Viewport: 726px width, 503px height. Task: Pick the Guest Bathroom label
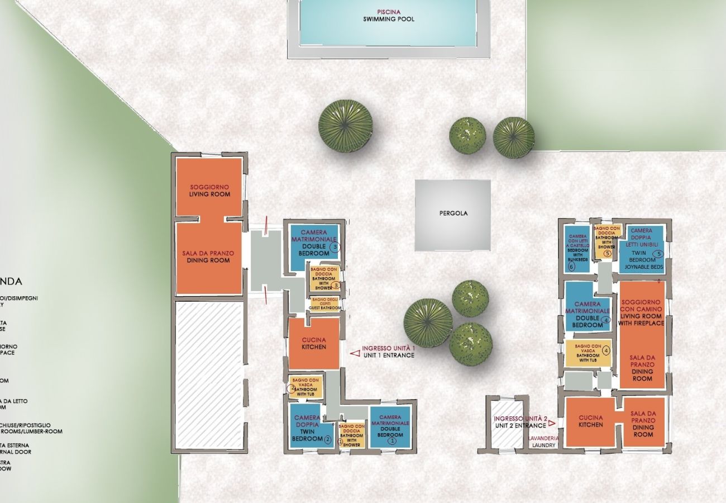coord(326,304)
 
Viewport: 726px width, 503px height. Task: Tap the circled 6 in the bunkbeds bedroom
coord(571,267)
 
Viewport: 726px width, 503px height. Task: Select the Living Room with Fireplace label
coord(641,313)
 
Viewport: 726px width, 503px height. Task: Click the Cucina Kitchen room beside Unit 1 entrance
coord(313,344)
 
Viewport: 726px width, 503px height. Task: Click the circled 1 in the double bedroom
coord(391,440)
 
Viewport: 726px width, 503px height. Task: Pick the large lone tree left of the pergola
coord(345,126)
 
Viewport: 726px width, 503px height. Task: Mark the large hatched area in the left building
coord(209,374)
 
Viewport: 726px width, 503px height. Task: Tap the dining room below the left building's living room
coord(209,257)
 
